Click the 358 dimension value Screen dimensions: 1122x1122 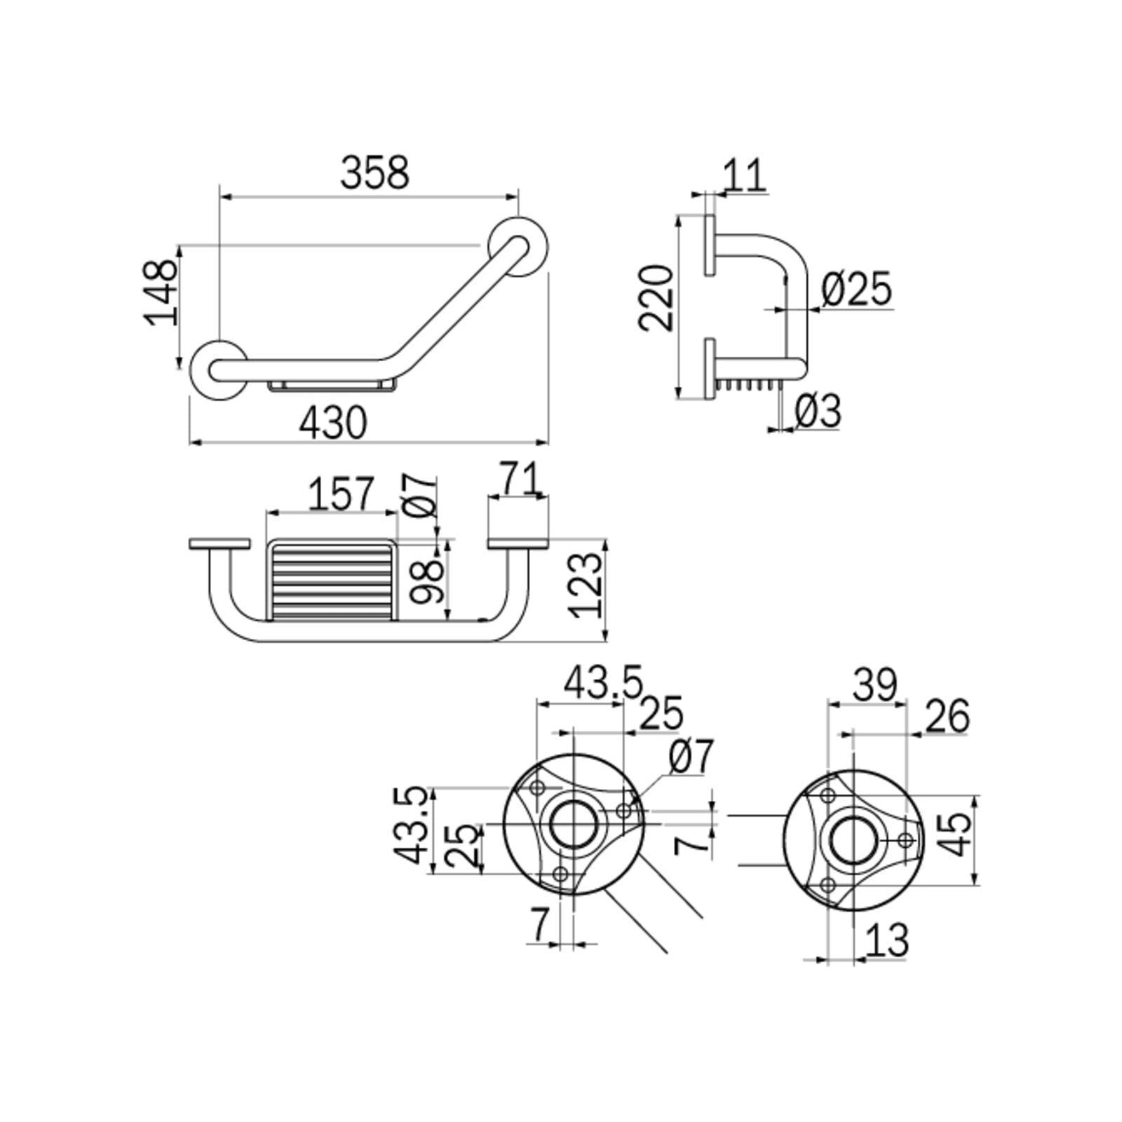(x=374, y=173)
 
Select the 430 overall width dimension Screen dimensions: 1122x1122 (x=333, y=423)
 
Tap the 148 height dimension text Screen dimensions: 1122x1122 (x=161, y=292)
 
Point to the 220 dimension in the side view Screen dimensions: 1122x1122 (x=656, y=297)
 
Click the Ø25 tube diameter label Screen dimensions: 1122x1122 (x=856, y=288)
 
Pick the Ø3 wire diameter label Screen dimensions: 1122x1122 (x=818, y=410)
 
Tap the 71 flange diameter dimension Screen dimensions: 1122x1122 (x=520, y=478)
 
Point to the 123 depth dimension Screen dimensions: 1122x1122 (x=586, y=585)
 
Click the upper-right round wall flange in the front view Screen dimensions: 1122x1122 (x=519, y=248)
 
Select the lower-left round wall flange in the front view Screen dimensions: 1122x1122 (x=219, y=370)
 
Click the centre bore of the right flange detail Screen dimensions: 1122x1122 (x=853, y=840)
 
